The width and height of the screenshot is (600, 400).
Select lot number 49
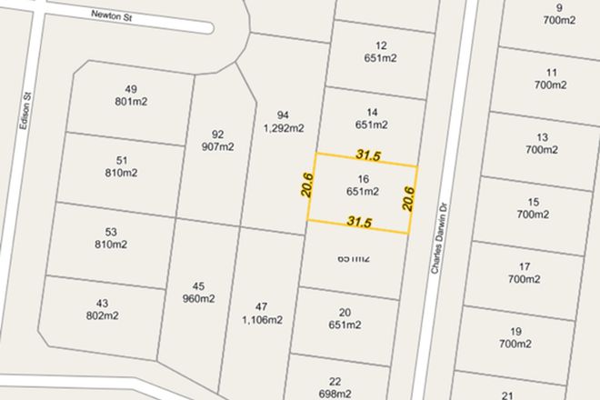pos(130,88)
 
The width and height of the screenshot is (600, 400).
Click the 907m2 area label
pos(217,146)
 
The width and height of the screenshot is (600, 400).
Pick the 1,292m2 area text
pos(283,128)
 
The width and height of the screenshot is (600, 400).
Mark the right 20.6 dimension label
pos(408,198)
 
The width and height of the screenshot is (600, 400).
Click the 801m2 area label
pos(131,101)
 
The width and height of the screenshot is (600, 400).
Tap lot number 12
pos(381,45)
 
